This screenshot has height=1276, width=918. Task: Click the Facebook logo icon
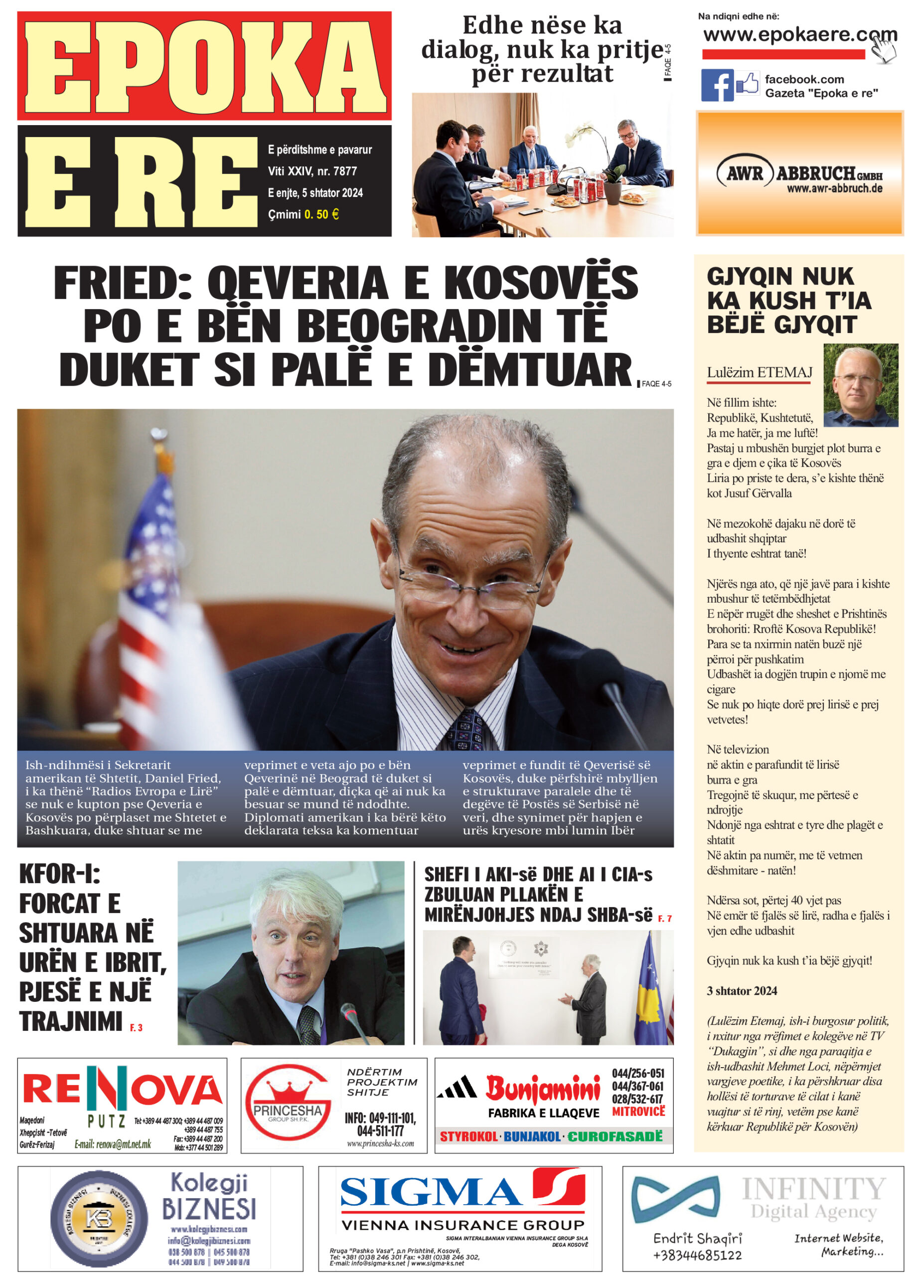[x=717, y=86]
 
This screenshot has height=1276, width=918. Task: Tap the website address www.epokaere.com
[x=799, y=35]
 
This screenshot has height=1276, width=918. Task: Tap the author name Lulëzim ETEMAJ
[x=760, y=372]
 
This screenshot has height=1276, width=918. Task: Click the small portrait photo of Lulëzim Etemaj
[x=860, y=385]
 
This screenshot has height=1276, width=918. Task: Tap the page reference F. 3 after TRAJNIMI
[x=136, y=1028]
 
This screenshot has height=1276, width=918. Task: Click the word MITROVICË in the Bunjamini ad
[x=638, y=1112]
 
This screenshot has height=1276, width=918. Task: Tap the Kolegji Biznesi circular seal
[x=99, y=1219]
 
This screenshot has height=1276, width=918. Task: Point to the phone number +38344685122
[x=697, y=1255]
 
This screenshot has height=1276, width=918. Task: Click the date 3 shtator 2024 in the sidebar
[x=742, y=991]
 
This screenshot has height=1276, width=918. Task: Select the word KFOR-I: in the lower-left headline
[x=60, y=874]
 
